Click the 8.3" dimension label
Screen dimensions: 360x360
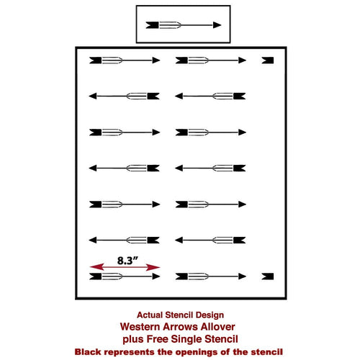[127, 261]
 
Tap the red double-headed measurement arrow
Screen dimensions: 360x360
[125, 267]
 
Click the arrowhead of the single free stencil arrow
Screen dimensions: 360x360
[217, 25]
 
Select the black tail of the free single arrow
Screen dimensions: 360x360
[152, 25]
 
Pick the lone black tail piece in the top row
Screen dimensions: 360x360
[268, 60]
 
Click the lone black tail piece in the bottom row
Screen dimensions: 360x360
[268, 276]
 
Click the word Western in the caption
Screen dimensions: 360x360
[140, 327]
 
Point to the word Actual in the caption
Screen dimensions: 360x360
[150, 315]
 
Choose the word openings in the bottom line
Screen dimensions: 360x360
[197, 352]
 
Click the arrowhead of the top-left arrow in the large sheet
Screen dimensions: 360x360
[156, 60]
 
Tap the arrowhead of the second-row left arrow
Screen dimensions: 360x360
[93, 96]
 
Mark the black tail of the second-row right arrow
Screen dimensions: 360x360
[240, 96]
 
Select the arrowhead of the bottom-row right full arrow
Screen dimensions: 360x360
[243, 276]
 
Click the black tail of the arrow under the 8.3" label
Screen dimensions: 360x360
[96, 276]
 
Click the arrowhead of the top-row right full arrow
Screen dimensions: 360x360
[243, 60]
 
